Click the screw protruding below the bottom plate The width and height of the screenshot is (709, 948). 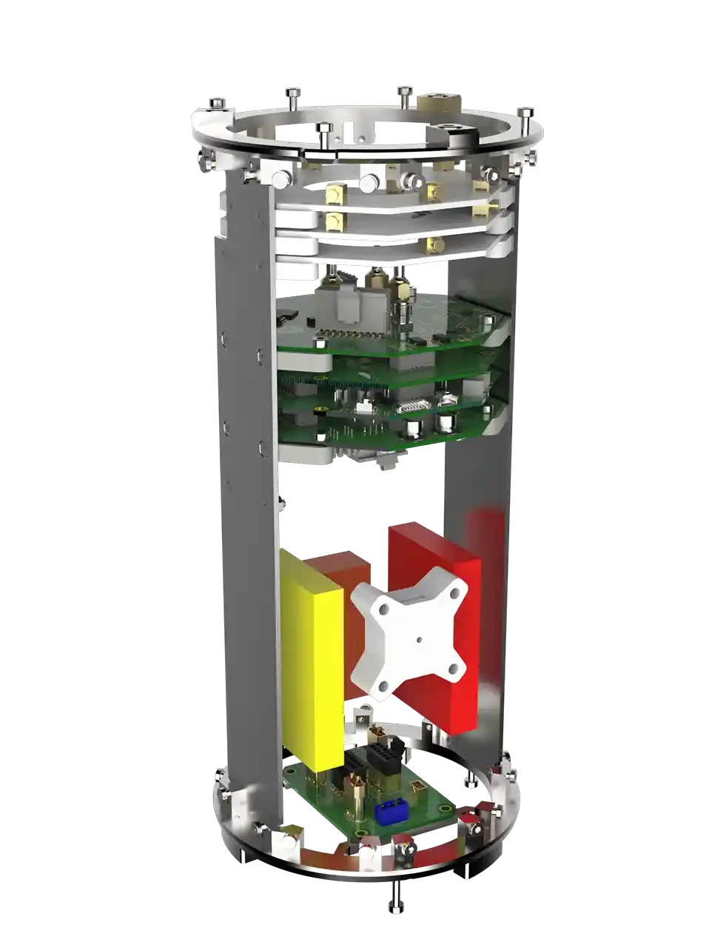point(397,898)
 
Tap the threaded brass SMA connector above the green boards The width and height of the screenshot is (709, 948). point(404,307)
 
